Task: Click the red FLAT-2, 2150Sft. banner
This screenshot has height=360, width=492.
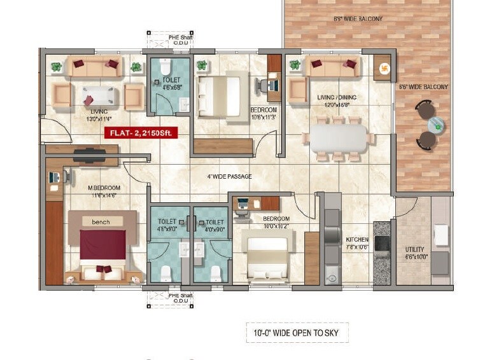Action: [x=140, y=132]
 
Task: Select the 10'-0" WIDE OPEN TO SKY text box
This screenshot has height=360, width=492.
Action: [x=297, y=332]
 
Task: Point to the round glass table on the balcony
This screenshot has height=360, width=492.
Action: [x=435, y=125]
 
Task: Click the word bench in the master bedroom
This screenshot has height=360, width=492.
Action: [x=101, y=222]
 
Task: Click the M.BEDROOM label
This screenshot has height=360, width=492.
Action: [x=104, y=188]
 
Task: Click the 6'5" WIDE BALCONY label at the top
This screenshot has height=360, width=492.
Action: [x=358, y=19]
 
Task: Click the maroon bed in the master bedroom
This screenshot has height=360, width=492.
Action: [x=102, y=245]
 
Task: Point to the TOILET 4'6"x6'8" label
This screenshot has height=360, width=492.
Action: [x=172, y=84]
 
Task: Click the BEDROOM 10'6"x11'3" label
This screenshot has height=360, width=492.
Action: [x=264, y=113]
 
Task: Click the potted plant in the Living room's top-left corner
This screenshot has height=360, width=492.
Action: [x=56, y=66]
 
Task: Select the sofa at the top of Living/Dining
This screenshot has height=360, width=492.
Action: [x=326, y=66]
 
